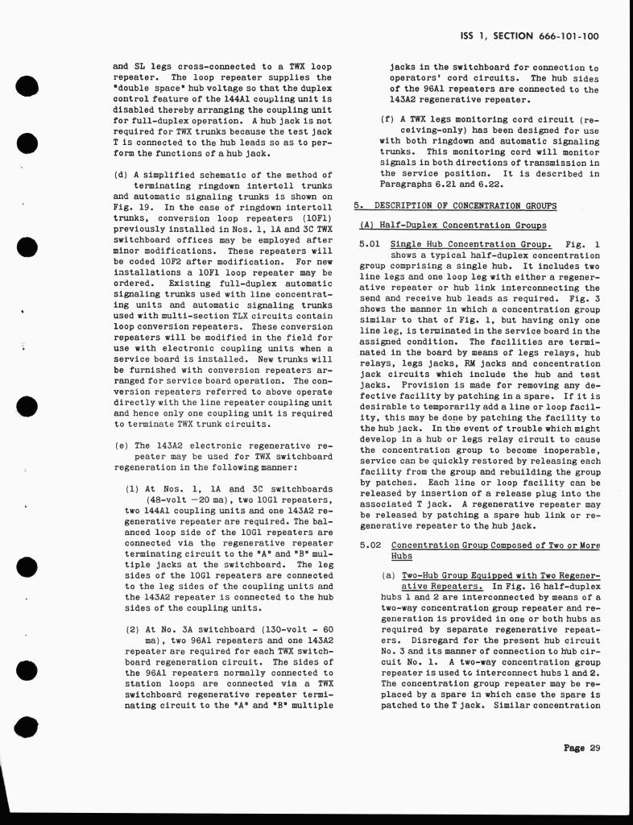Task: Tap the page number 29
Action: (595, 748)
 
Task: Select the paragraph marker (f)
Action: (387, 120)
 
